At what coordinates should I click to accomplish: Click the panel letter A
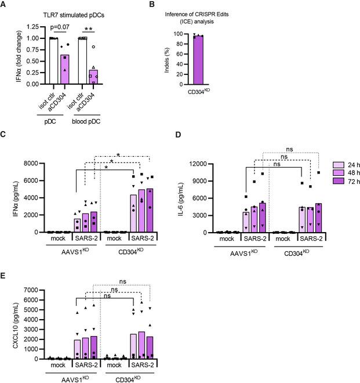point(4,5)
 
